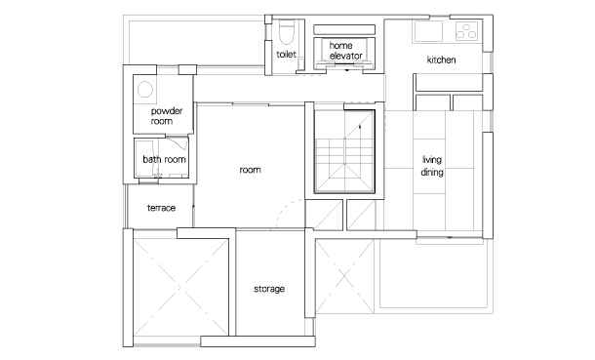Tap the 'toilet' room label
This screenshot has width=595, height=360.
point(286,55)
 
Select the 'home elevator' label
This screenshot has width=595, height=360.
point(345,51)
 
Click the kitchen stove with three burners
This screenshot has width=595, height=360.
point(466,30)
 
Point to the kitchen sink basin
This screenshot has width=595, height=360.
point(428,30)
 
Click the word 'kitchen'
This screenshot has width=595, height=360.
point(441,60)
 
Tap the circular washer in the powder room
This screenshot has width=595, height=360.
point(145,90)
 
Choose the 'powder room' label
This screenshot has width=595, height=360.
point(166,116)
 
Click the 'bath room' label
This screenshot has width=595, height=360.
point(164,159)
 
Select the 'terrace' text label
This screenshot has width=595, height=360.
point(161,208)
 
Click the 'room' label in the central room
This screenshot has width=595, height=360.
point(250,170)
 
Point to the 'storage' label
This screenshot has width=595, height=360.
point(269,289)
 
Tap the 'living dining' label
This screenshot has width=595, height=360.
point(432,166)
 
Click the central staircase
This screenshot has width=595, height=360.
point(344,152)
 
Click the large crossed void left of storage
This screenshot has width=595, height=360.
point(181,288)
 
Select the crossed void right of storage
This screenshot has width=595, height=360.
point(344,276)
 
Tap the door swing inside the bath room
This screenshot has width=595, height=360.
point(178,144)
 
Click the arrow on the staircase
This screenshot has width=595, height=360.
point(360,126)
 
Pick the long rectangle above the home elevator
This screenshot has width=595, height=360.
point(344,29)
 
